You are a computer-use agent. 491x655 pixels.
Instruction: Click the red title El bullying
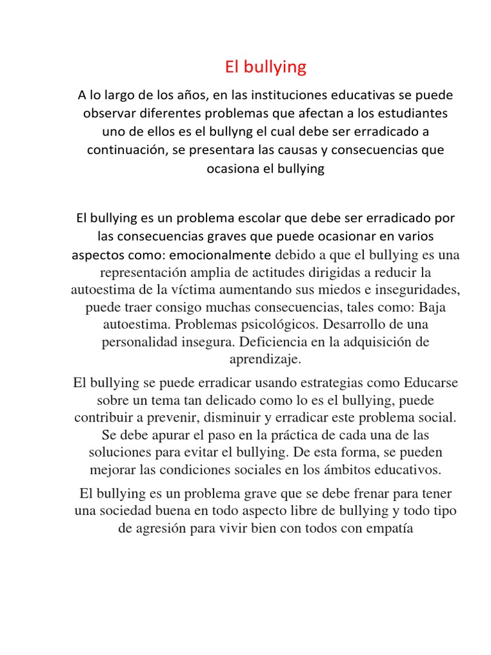pos(265,67)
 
